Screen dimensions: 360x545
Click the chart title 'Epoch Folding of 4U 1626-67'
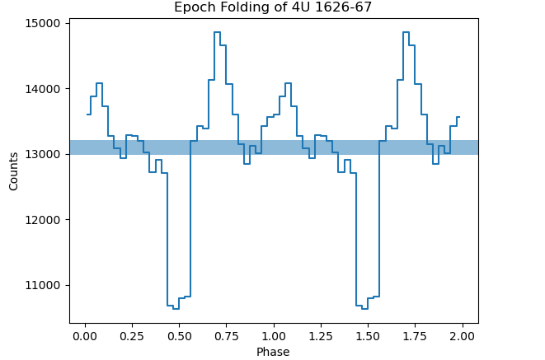tap(273, 7)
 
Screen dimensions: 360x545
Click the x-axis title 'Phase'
tap(273, 352)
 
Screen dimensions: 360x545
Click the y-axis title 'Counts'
tap(13, 171)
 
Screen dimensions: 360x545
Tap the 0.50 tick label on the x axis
tap(178, 336)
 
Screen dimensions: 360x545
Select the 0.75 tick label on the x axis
tap(226, 336)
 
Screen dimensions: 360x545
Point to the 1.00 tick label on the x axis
tap(273, 336)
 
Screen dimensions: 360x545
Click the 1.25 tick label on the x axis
tap(320, 336)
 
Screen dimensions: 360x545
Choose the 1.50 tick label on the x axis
tap(368, 336)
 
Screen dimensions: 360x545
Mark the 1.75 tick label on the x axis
tap(415, 336)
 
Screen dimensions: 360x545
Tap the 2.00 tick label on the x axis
tap(462, 336)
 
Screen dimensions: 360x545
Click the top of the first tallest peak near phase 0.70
tap(217, 32)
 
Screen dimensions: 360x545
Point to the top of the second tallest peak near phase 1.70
tap(406, 32)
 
